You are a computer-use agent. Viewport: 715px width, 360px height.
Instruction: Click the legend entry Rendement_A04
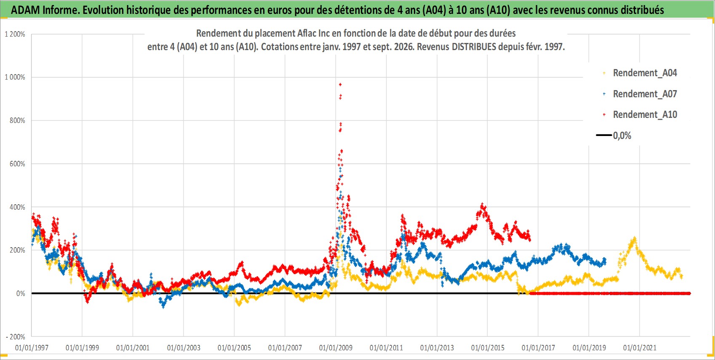coord(645,73)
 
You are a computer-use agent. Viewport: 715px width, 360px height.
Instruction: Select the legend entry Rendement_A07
coord(645,94)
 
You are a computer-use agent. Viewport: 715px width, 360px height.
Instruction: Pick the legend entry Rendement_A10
coord(645,115)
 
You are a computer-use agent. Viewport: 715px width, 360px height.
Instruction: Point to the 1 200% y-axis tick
coord(15,34)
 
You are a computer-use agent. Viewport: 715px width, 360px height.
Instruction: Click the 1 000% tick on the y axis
coord(15,77)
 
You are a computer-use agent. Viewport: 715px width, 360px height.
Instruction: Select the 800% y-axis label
coord(17,121)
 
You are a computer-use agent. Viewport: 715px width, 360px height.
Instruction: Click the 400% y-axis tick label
coord(17,207)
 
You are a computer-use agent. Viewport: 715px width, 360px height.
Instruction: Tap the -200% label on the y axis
coord(16,337)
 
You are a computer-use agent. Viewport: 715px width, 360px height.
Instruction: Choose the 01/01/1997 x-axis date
coord(32,347)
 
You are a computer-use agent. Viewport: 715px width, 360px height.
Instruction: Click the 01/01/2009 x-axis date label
coord(336,347)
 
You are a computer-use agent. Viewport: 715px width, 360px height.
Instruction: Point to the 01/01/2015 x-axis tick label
coord(488,347)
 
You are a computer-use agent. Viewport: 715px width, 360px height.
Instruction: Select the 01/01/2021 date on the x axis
coord(640,347)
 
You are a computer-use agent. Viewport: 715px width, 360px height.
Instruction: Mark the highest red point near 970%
coord(340,85)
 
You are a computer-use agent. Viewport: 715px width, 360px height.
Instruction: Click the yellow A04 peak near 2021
coord(634,238)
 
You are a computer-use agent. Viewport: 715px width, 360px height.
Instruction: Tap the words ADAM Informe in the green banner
coord(44,10)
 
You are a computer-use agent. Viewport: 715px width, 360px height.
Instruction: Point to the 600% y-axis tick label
coord(17,164)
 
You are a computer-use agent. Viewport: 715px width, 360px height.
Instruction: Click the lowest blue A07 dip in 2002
coord(163,307)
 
